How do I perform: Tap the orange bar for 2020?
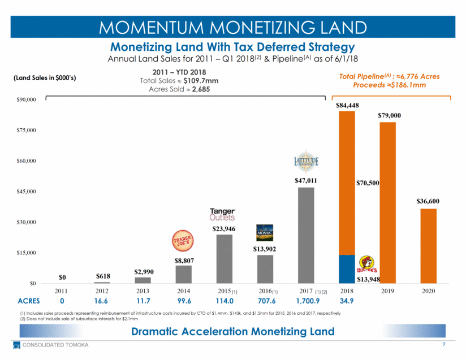429,246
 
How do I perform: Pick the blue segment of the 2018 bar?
347,269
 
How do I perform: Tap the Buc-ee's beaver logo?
370,264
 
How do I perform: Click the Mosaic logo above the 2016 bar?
265,232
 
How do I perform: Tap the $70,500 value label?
368,183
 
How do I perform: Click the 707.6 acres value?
265,301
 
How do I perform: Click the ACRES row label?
29,301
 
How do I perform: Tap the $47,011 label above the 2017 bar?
306,181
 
